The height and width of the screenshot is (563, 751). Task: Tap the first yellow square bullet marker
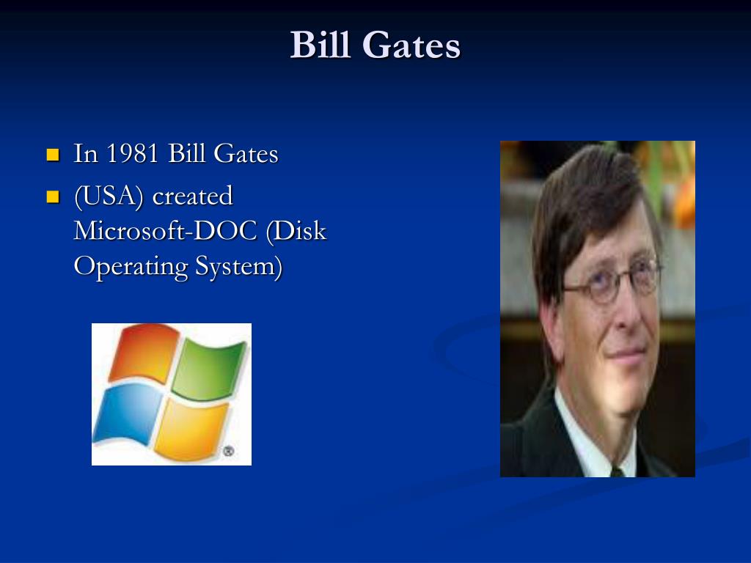pyautogui.click(x=52, y=155)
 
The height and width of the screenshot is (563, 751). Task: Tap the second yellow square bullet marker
pyautogui.click(x=52, y=196)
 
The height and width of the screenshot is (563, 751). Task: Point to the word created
pyautogui.click(x=192, y=196)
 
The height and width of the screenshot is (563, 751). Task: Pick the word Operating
pyautogui.click(x=131, y=266)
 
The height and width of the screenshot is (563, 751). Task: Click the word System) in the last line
pyautogui.click(x=238, y=266)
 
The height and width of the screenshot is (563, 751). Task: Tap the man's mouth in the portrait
pyautogui.click(x=627, y=355)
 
